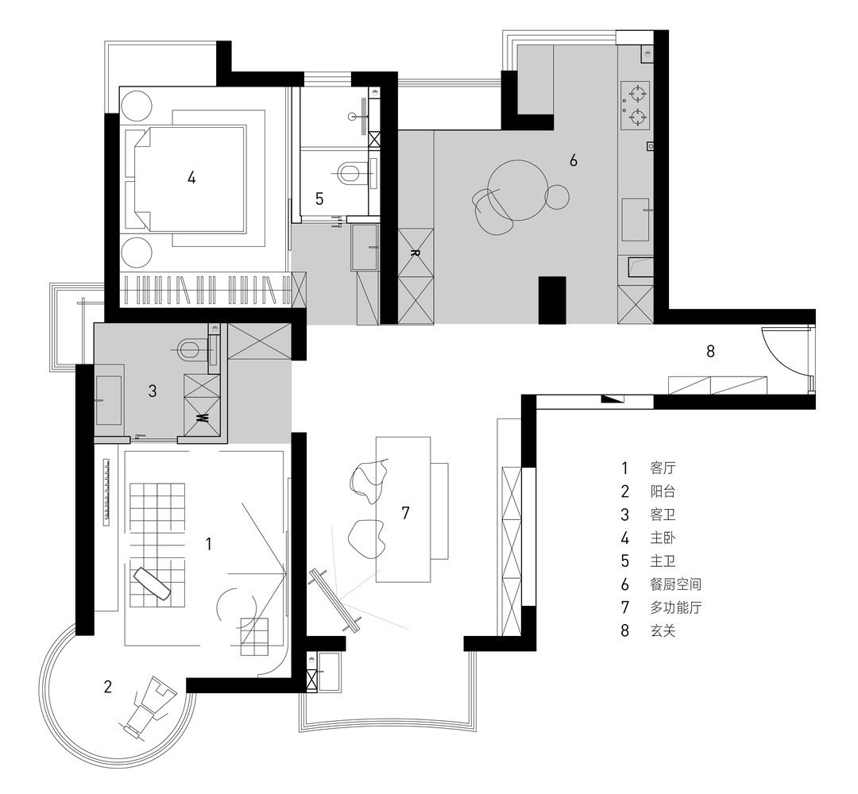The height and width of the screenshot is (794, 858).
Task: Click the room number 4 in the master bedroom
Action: [191, 177]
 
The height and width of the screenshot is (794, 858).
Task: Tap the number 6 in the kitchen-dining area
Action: [573, 160]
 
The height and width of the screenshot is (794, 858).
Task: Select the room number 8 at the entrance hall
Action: [710, 351]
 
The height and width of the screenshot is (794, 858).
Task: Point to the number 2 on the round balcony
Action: [108, 686]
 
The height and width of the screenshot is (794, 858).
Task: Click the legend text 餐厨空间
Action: [676, 584]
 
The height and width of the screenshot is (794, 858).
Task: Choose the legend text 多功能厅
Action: [676, 607]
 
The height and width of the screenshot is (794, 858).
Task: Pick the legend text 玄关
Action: [663, 630]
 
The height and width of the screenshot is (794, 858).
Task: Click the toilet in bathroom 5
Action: [349, 173]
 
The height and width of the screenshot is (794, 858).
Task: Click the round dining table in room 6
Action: [517, 190]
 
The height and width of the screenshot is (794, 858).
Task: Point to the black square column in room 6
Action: [552, 300]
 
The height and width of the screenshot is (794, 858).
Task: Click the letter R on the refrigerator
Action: [415, 252]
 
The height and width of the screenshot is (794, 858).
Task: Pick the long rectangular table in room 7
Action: [404, 509]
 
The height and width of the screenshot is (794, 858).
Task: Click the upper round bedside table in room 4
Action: [137, 106]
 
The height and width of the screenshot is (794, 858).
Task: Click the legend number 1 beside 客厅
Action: [624, 468]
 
